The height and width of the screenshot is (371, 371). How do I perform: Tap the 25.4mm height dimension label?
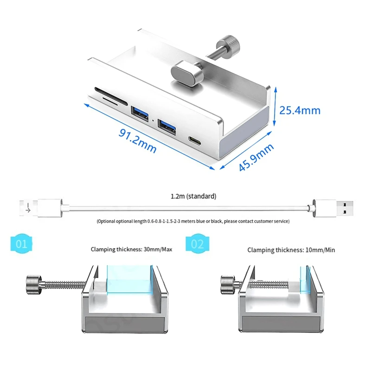click(300, 110)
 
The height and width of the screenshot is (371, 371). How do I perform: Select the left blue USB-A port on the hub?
click(139, 114)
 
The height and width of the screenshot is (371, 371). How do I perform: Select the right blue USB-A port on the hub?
click(166, 126)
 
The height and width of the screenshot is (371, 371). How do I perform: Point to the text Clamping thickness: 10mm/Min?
click(291, 250)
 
